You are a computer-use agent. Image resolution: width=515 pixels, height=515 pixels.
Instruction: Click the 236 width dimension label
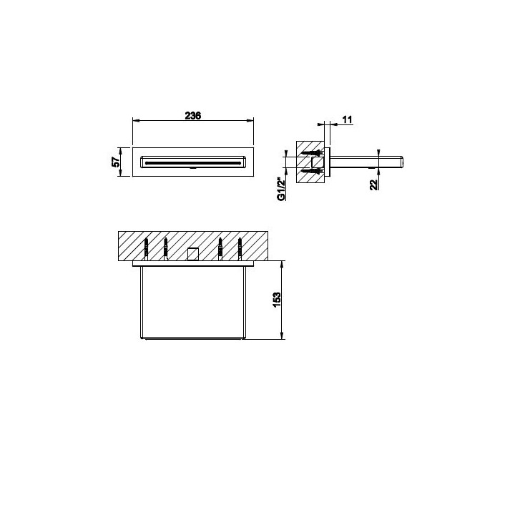(193, 116)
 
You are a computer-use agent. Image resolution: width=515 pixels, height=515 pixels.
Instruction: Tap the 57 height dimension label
(116, 162)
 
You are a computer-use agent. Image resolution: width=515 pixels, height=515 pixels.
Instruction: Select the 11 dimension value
(347, 119)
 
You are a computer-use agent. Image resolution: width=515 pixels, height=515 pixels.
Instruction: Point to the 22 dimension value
(374, 185)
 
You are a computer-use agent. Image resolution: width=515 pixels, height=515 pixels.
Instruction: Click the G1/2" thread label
(281, 189)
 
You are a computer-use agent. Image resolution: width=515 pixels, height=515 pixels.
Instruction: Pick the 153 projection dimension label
(277, 300)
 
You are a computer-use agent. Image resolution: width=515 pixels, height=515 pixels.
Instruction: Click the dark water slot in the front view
(192, 162)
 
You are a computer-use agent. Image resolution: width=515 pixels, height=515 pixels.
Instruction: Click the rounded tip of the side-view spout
(401, 162)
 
